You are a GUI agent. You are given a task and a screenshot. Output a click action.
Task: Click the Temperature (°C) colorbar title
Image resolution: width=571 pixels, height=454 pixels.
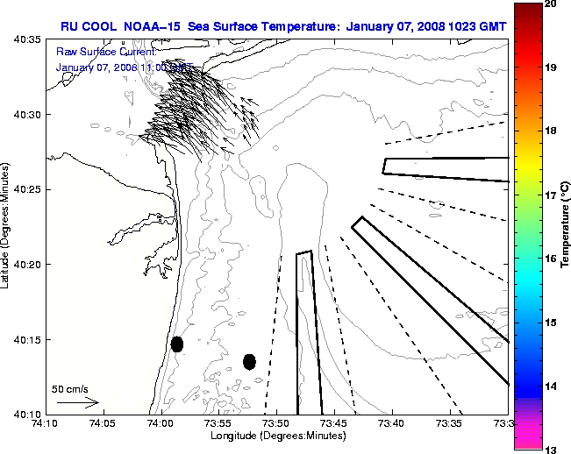565,227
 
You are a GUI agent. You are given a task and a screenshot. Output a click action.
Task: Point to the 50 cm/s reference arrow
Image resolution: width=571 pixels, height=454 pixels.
78,403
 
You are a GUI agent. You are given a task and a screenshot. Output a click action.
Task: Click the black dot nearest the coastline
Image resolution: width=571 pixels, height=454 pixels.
177,344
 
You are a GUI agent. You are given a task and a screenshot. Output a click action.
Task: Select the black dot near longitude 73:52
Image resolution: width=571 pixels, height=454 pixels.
249,361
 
